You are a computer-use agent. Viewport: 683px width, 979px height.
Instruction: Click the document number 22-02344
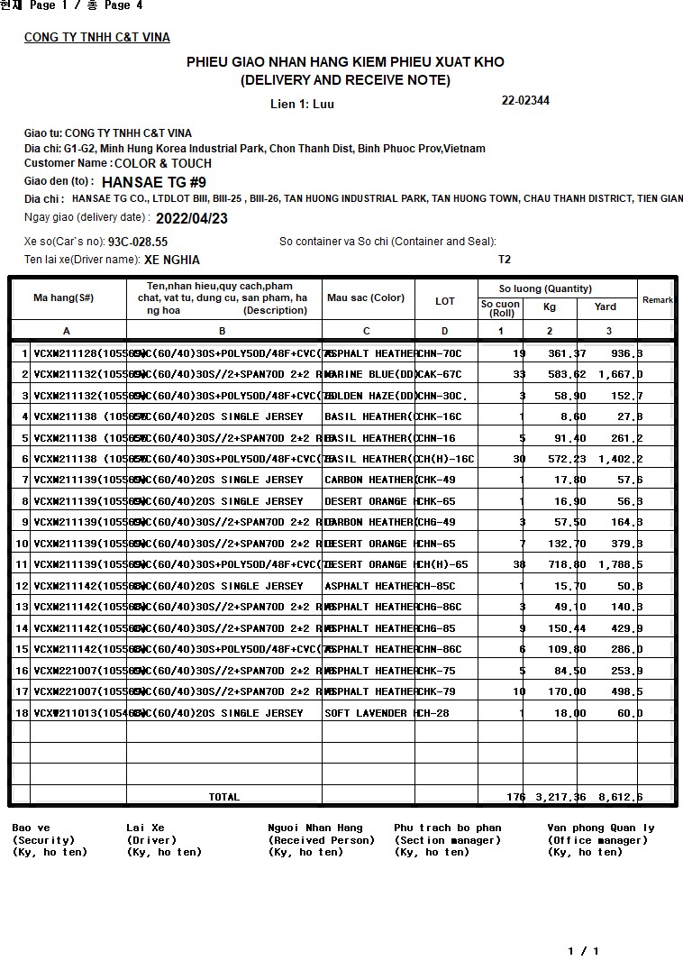[525, 101]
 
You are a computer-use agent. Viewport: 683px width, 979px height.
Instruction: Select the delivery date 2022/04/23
[192, 218]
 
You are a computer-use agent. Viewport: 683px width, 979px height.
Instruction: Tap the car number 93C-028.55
[138, 242]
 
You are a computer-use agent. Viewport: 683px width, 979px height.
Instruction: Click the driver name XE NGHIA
[172, 260]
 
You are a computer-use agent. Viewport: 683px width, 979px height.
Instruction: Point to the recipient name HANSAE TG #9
[153, 181]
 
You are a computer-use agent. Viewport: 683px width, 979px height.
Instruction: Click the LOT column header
[445, 301]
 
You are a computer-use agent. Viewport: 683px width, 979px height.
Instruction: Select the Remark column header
[657, 300]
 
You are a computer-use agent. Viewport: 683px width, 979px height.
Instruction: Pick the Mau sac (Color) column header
[366, 298]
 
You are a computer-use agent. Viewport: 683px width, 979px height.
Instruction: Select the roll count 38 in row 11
[518, 564]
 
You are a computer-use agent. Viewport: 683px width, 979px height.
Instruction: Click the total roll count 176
[515, 797]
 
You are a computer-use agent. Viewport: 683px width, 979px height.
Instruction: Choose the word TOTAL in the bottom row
[224, 797]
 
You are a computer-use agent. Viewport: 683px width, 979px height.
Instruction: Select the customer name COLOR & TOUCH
[163, 163]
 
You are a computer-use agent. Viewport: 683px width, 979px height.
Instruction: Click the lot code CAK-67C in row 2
[439, 374]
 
